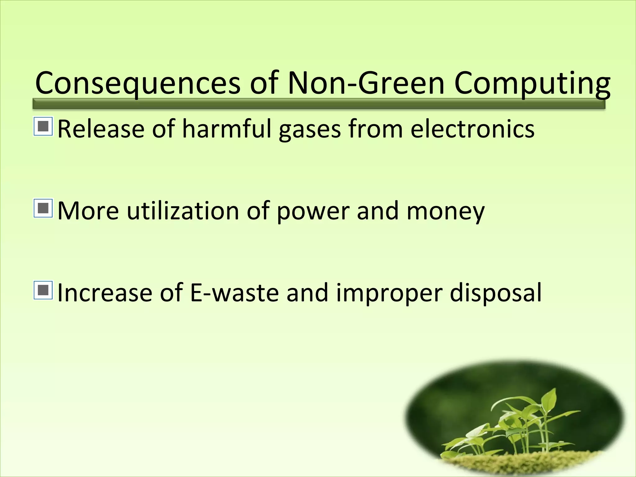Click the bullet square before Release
43,126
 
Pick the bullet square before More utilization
43,208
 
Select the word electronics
472,129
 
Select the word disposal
496,294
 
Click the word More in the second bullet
88,211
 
